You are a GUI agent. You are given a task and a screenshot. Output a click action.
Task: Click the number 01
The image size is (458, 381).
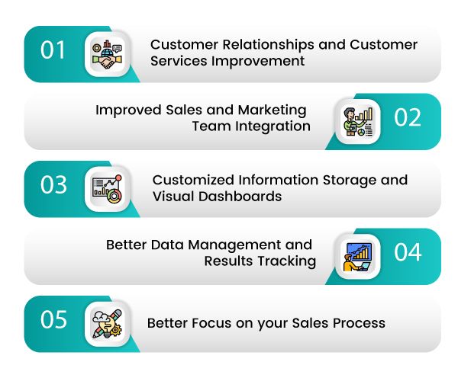pyautogui.click(x=53, y=50)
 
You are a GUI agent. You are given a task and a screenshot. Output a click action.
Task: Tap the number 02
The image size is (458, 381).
pyautogui.click(x=408, y=117)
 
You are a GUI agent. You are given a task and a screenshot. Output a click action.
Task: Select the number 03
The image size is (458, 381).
pyautogui.click(x=53, y=184)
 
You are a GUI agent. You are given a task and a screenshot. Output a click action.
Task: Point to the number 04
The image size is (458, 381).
pyautogui.click(x=408, y=252)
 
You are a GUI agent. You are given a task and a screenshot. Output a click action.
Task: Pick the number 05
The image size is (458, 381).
pyautogui.click(x=53, y=319)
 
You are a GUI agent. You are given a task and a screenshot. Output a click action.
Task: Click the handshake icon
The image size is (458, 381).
pyautogui.click(x=107, y=55)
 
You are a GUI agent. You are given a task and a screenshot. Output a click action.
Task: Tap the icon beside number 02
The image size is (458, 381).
pyautogui.click(x=358, y=122)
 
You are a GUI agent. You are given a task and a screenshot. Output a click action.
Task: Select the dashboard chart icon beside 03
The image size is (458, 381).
pyautogui.click(x=107, y=189)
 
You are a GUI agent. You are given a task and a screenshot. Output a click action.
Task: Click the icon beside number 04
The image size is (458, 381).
pyautogui.click(x=358, y=257)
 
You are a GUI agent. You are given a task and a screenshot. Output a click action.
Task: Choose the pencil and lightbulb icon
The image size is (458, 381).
pyautogui.click(x=107, y=324)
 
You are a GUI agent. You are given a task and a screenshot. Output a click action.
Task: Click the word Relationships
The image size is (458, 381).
pyautogui.click(x=269, y=45)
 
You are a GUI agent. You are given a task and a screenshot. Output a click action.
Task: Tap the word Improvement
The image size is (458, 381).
pyautogui.click(x=258, y=61)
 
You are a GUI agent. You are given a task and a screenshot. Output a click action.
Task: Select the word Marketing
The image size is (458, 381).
pyautogui.click(x=272, y=110)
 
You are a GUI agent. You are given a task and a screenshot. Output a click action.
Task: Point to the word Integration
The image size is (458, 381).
pyautogui.click(x=273, y=126)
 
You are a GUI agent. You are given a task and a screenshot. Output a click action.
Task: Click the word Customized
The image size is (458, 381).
pyautogui.click(x=193, y=180)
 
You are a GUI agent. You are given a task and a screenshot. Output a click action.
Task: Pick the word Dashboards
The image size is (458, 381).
pyautogui.click(x=240, y=196)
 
